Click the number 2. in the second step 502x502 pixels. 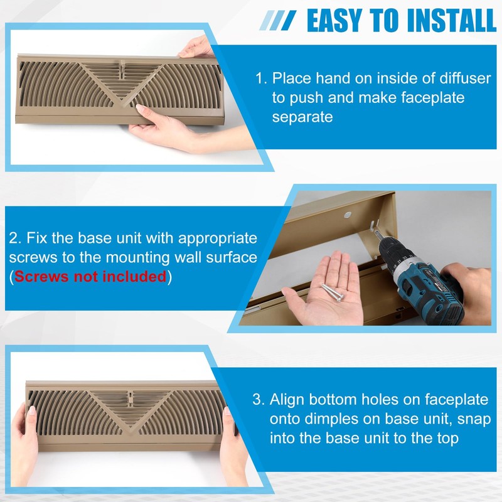16,239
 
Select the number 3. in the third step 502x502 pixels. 259,400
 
